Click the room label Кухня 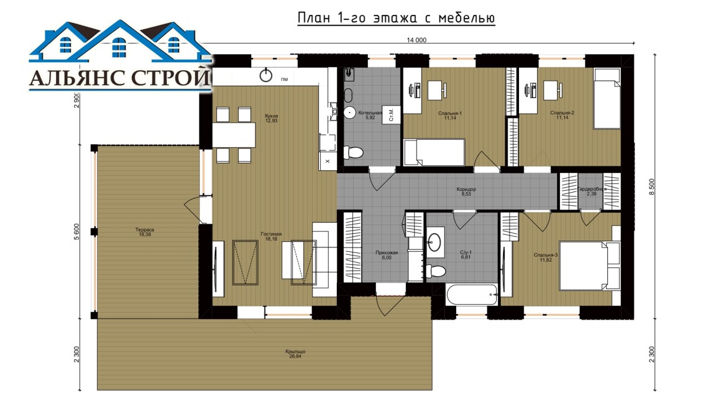[271, 116]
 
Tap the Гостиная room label [271, 234]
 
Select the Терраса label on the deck [144, 229]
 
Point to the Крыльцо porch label [295, 351]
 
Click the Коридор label [466, 189]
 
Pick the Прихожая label [386, 252]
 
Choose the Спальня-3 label [545, 255]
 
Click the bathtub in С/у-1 [471, 294]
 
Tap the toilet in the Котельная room [353, 152]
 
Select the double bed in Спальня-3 [589, 265]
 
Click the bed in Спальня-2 [607, 99]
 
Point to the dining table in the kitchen [234, 135]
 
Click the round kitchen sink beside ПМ [266, 75]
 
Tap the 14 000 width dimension [416, 40]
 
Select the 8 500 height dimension [651, 187]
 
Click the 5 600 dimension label [77, 232]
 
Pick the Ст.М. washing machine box [392, 114]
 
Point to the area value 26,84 [295, 356]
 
